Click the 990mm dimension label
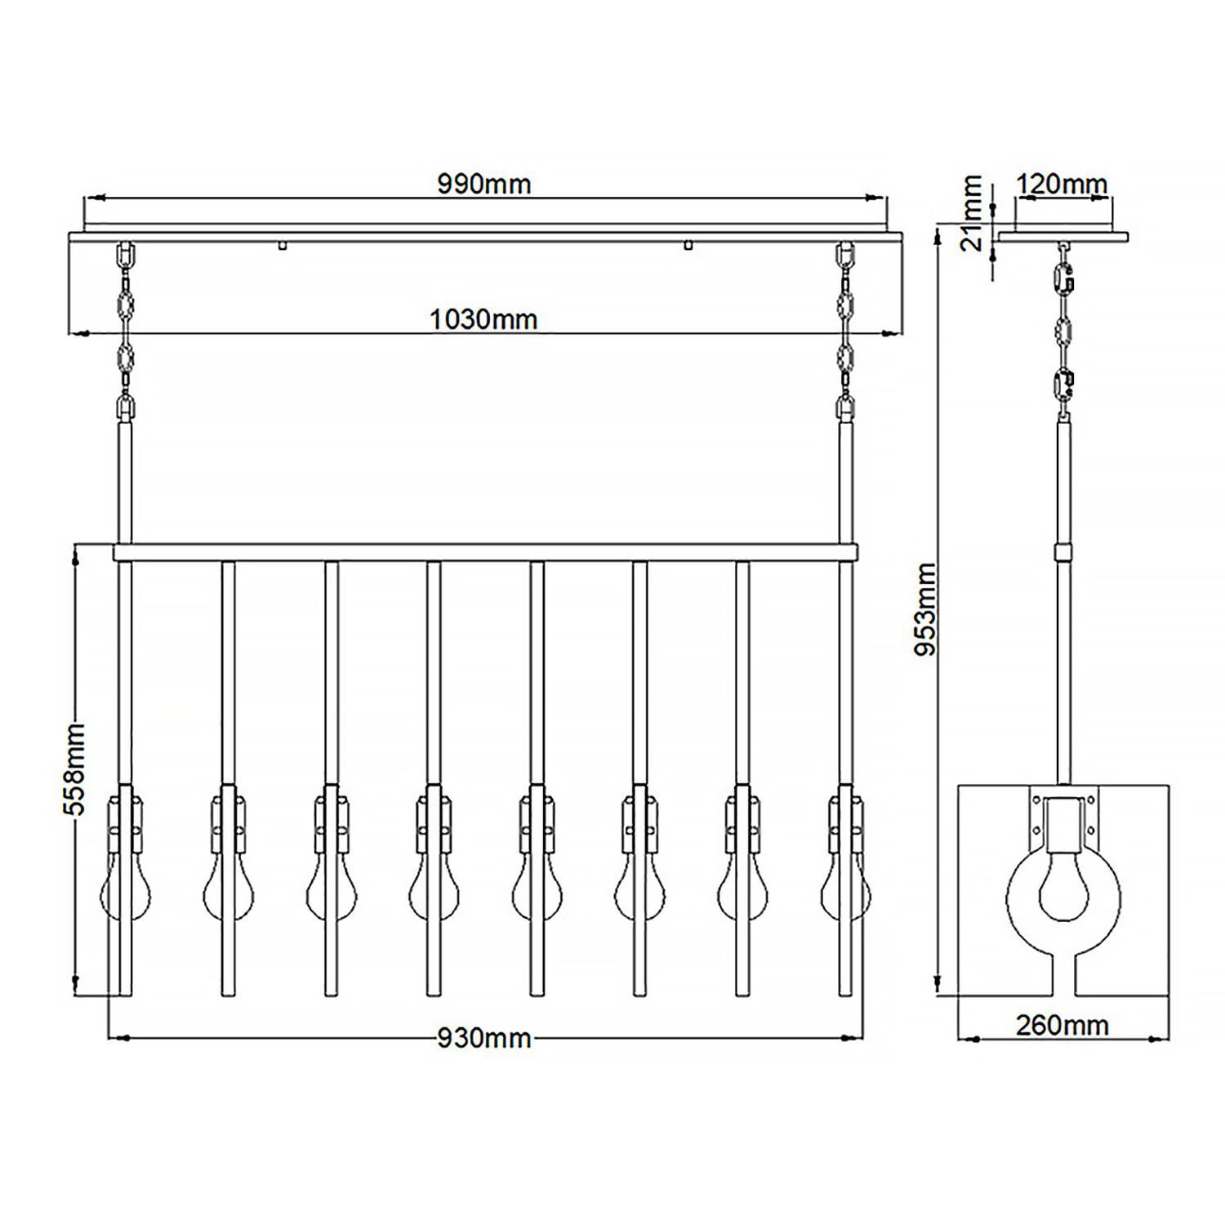tap(483, 185)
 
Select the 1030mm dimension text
tap(483, 319)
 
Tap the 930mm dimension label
tap(483, 1038)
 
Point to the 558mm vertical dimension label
tap(75, 768)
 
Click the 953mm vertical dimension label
tap(926, 609)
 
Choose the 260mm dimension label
tap(1062, 1025)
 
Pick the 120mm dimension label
tap(1062, 185)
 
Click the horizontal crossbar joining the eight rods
tap(485, 553)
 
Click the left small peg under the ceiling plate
tap(282, 244)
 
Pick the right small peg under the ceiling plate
tap(688, 244)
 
